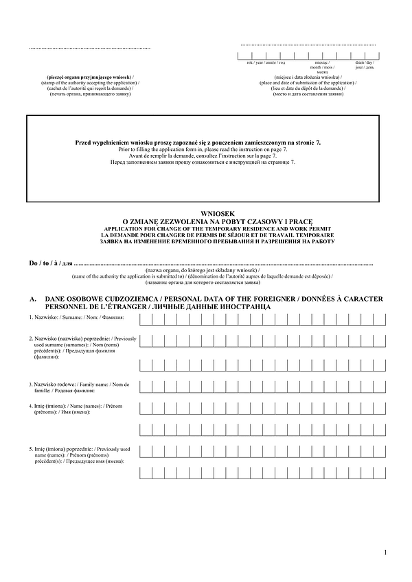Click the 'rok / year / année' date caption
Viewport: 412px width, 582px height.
click(x=261, y=62)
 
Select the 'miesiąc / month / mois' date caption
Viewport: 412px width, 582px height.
click(x=319, y=65)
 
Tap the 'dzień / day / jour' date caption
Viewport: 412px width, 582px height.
click(x=364, y=65)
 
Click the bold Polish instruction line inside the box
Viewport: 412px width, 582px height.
click(x=198, y=141)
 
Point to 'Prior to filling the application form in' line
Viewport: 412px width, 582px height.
click(x=198, y=149)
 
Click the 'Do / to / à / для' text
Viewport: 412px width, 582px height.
click(x=50, y=263)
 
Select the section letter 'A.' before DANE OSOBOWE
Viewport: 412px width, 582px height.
click(x=33, y=300)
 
